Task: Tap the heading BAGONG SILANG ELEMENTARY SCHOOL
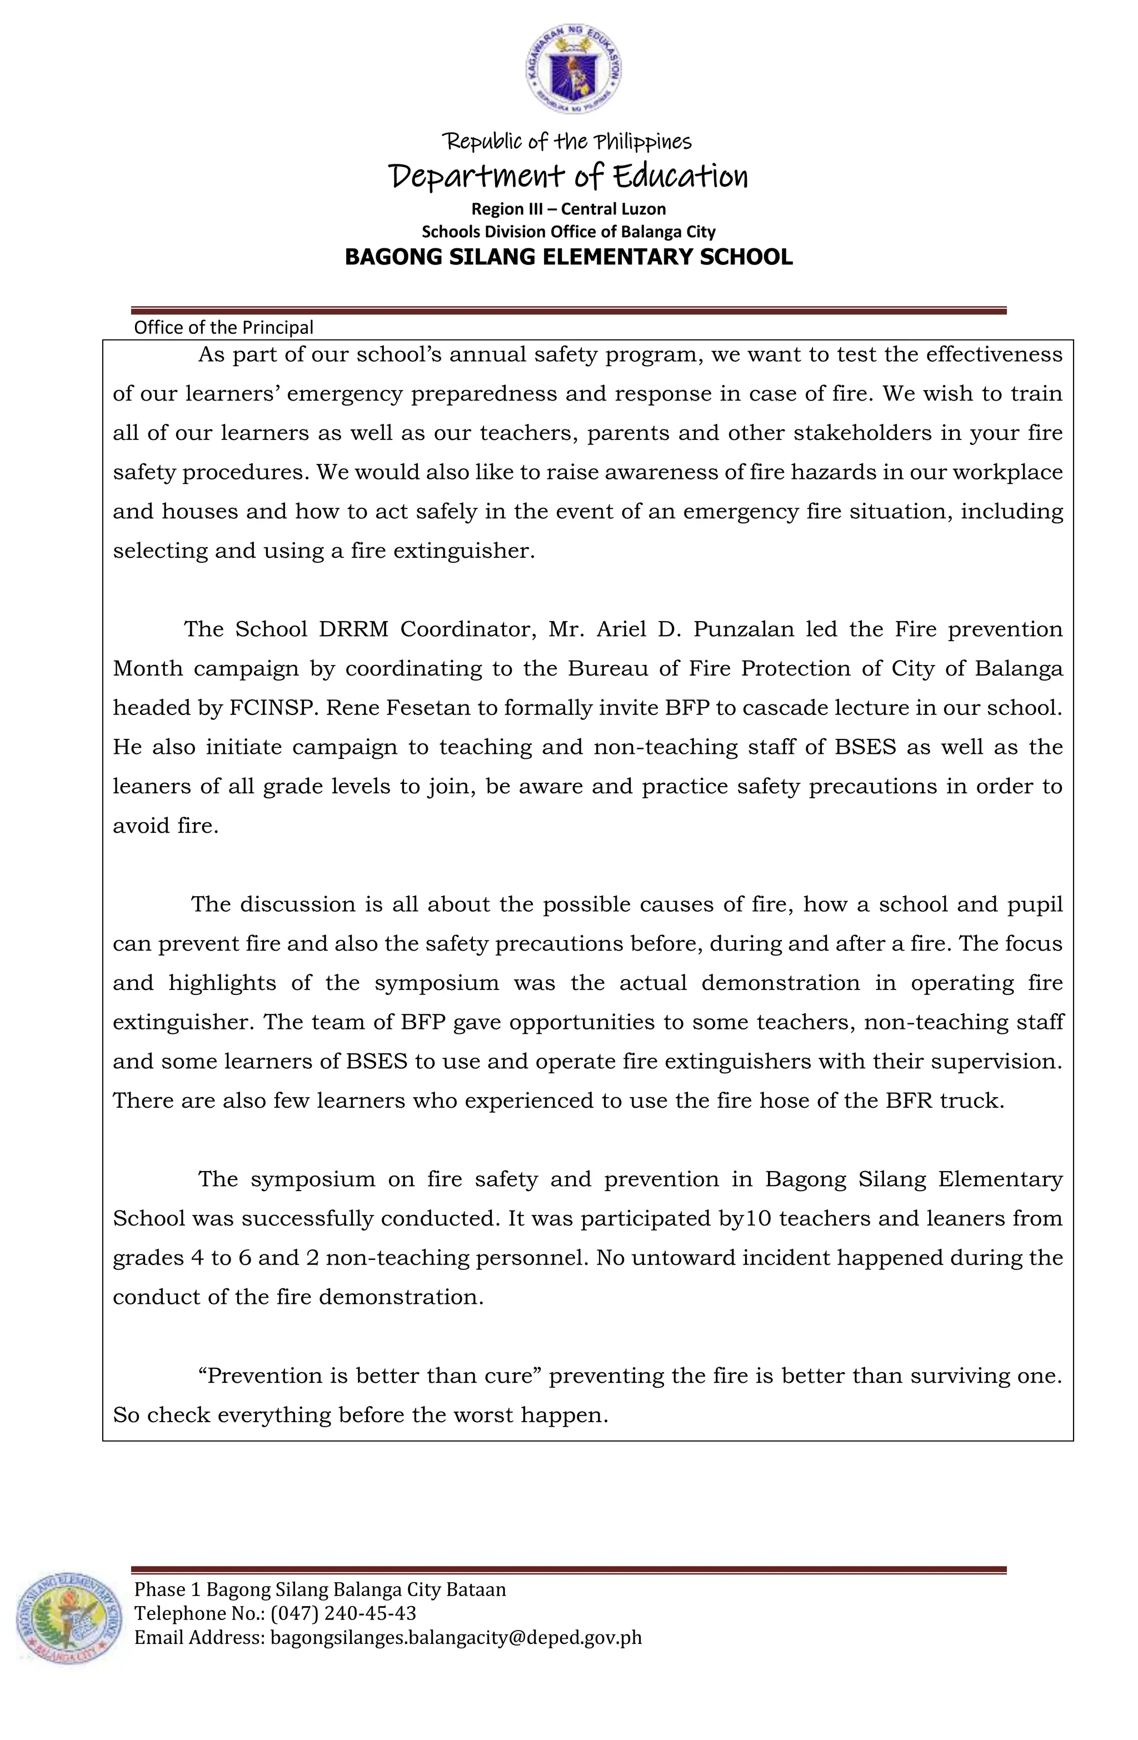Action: [568, 257]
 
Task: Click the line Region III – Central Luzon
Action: [568, 209]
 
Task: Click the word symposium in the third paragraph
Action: [436, 983]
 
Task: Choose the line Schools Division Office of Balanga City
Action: [568, 232]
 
